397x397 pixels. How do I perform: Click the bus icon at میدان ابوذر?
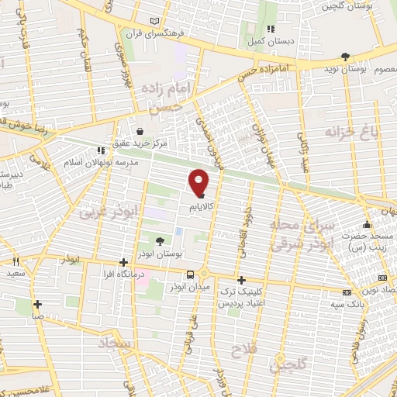pyautogui.click(x=190, y=274)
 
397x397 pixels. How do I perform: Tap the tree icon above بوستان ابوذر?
pyautogui.click(x=160, y=241)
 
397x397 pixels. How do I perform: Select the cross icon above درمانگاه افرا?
pyautogui.click(x=123, y=262)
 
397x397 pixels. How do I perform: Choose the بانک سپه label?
pyautogui.click(x=351, y=303)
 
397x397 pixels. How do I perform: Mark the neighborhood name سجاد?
pyautogui.click(x=116, y=341)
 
